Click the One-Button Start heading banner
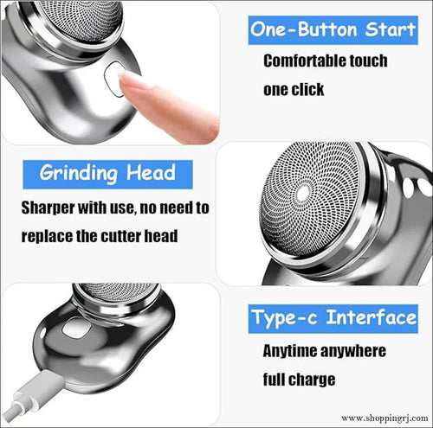[333, 29]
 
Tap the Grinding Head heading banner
[108, 171]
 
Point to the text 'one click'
[294, 89]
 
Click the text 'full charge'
[299, 379]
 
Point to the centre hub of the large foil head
[302, 194]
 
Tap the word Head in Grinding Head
[151, 171]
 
